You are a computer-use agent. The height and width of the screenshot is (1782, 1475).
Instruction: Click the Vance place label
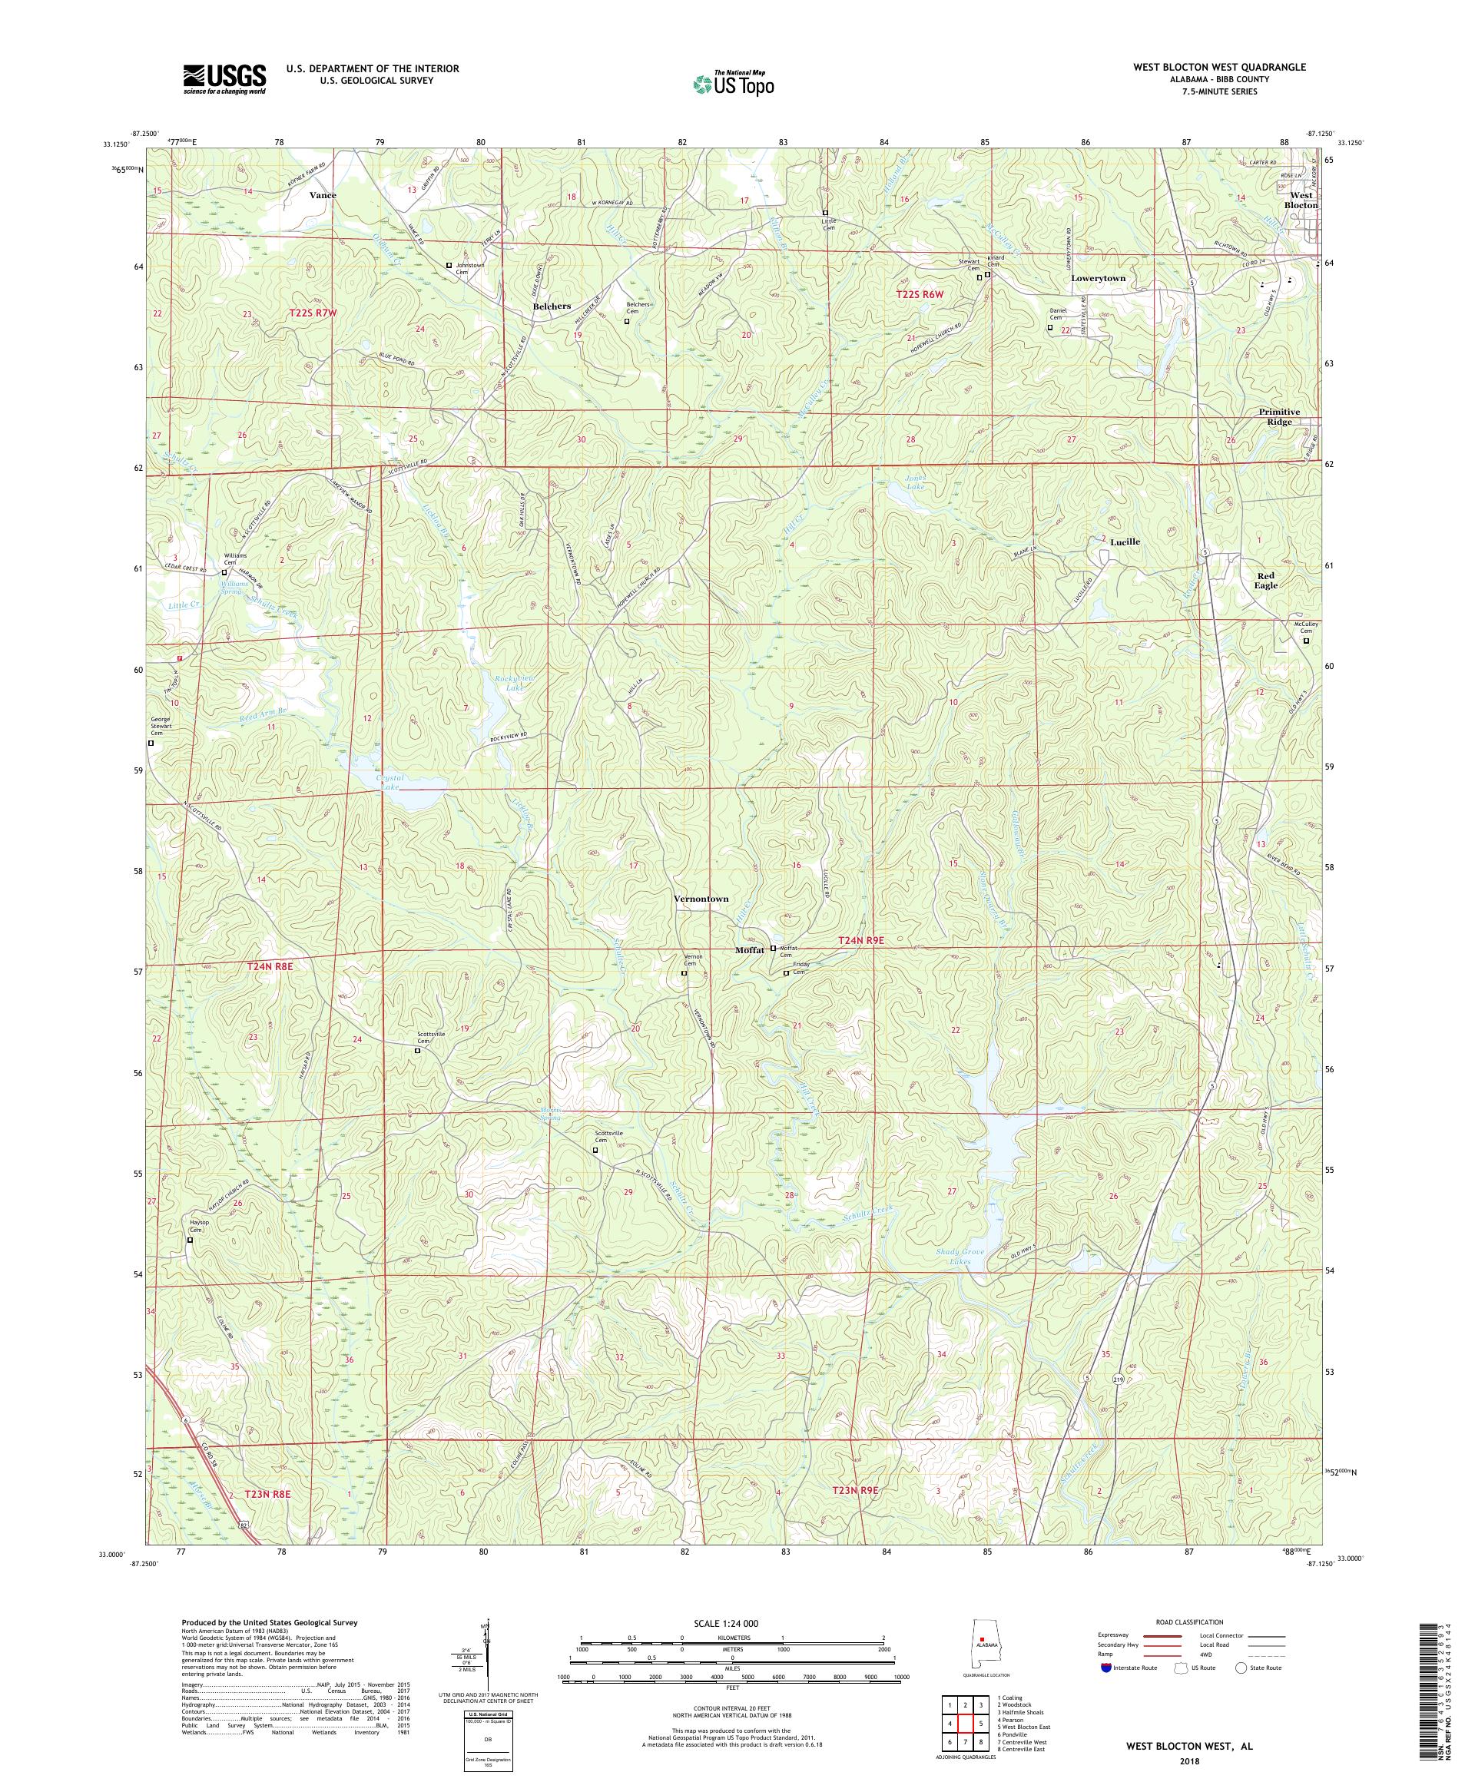[323, 195]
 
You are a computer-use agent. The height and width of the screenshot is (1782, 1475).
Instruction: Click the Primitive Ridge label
[1285, 416]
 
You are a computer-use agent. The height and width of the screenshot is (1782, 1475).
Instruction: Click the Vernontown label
[700, 899]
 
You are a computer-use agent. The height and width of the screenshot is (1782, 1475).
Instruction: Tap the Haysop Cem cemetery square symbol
[190, 1240]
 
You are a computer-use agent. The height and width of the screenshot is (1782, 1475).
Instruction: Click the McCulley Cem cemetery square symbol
[1306, 641]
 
